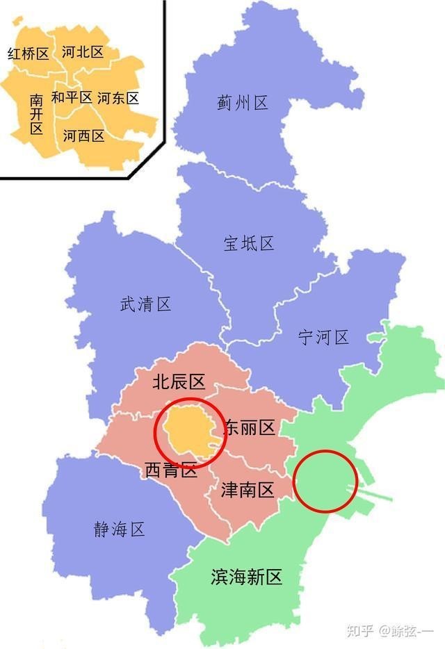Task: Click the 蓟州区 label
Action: coord(242,104)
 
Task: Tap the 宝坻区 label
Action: coord(249,243)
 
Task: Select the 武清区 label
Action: coord(145,304)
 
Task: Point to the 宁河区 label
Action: coord(323,338)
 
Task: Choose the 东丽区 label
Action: coord(250,428)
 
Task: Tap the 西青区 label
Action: coord(170,470)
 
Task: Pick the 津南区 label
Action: coord(248,491)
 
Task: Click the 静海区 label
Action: coord(120,529)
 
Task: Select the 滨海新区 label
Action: coord(247,577)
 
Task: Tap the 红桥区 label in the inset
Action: coord(28,54)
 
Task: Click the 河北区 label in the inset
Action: coord(83,52)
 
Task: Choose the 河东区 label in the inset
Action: coord(118,98)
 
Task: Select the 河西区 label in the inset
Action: coord(83,136)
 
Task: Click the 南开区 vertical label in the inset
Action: coord(36,115)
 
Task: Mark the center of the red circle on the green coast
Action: coord(325,482)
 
